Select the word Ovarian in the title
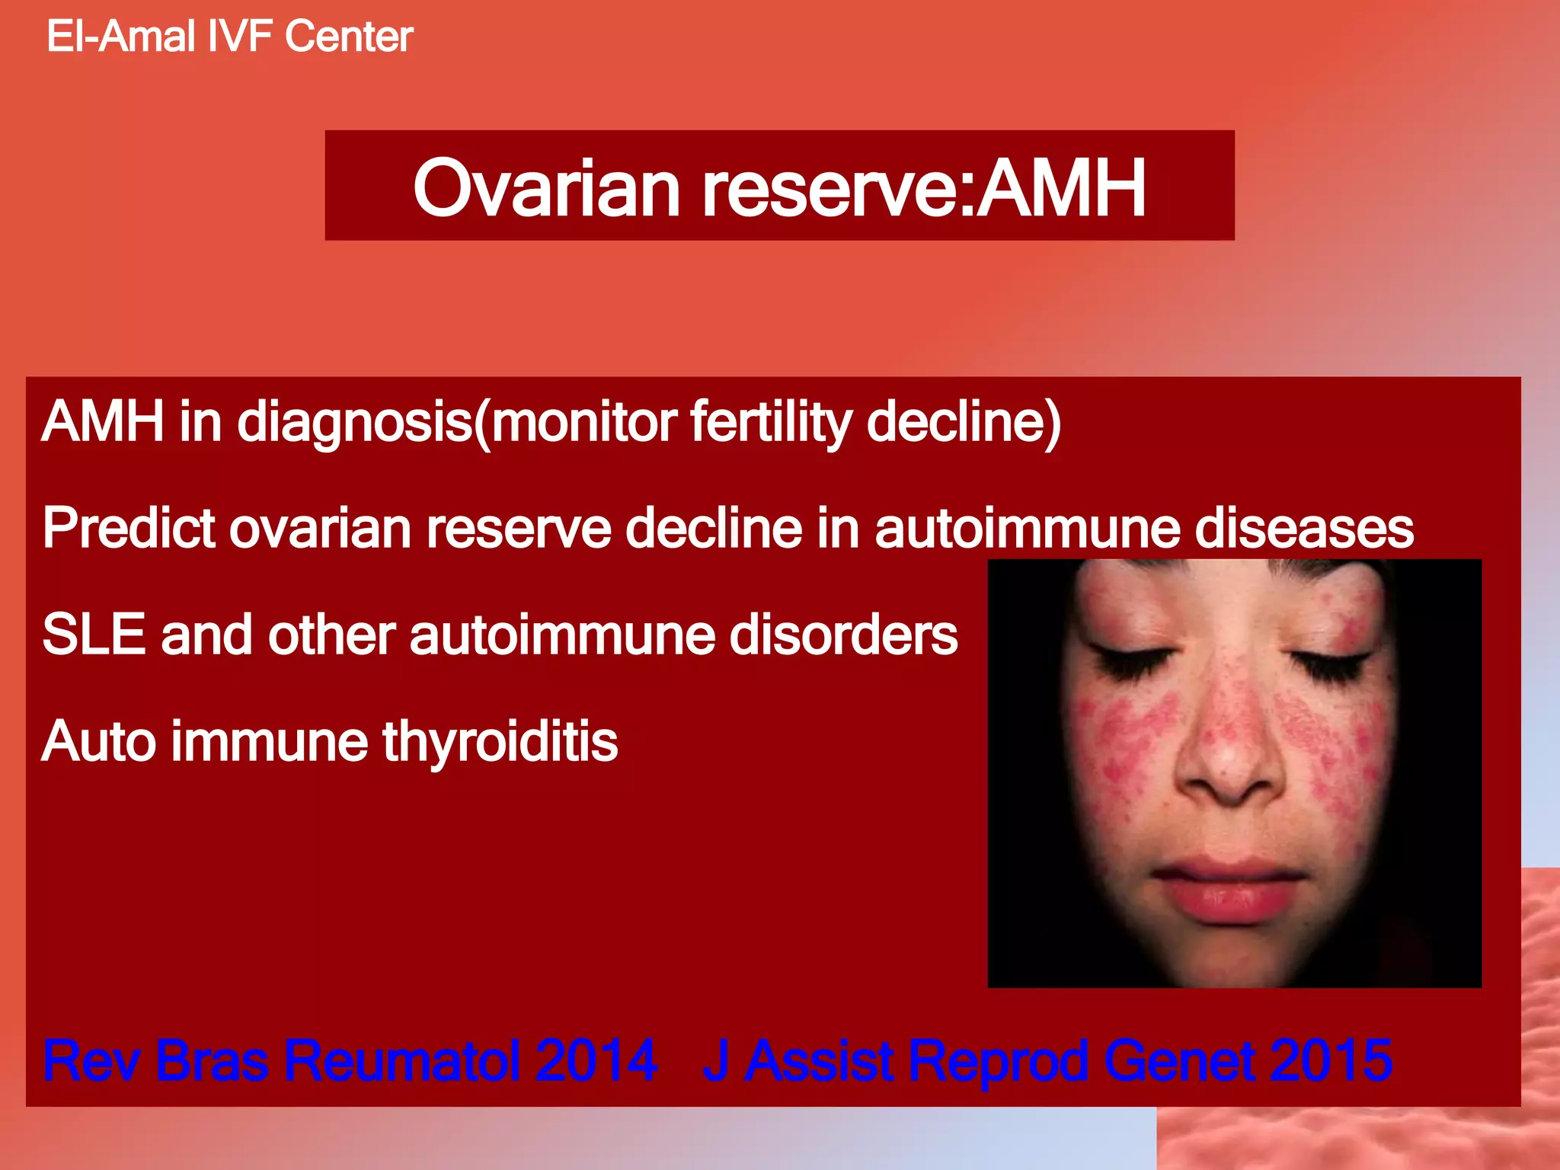click(x=545, y=187)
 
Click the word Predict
click(x=129, y=528)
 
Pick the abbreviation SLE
click(x=94, y=635)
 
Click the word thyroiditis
click(x=500, y=742)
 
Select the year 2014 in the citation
click(x=596, y=1060)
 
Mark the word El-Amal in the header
click(x=120, y=37)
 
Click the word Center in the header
click(x=349, y=37)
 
